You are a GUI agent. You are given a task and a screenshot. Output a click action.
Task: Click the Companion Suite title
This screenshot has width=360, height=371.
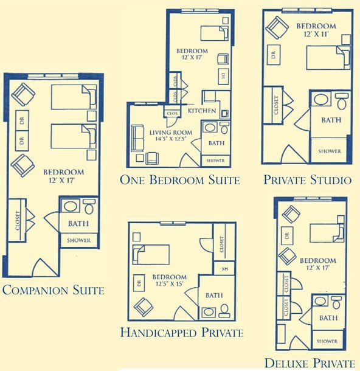[x=53, y=290]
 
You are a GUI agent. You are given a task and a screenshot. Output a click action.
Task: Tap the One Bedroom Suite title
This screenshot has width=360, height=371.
[x=180, y=179]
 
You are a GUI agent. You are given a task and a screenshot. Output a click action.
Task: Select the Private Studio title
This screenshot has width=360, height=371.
[x=308, y=180]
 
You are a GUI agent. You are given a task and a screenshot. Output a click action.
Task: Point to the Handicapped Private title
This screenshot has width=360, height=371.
[x=182, y=333]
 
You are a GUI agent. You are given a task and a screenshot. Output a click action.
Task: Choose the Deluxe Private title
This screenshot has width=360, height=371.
[x=310, y=363]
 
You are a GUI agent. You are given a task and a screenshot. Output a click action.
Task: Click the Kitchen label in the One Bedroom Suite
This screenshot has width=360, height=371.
[x=202, y=111]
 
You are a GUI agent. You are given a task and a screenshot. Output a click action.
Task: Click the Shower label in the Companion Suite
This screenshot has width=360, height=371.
[x=78, y=241]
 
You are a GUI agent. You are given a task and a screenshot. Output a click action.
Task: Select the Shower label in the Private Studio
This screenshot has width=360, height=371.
[x=330, y=151]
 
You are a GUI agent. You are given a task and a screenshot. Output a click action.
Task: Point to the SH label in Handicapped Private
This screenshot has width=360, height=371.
[x=224, y=268]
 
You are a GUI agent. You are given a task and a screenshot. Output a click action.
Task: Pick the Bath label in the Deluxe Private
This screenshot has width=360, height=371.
[x=328, y=317]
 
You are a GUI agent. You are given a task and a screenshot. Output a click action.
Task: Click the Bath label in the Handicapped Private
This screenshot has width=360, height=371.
[x=214, y=296]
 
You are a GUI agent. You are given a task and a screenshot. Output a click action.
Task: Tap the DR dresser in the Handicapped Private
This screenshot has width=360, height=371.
[x=140, y=282]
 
